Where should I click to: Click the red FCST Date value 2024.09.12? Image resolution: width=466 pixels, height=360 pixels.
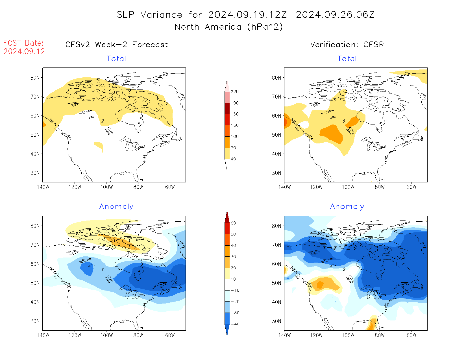pos(24,52)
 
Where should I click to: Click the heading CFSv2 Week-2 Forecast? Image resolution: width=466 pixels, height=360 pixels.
pos(117,45)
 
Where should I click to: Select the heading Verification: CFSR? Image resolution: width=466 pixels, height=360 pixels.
pos(347,45)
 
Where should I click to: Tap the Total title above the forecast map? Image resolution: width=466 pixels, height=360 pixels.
pos(116,59)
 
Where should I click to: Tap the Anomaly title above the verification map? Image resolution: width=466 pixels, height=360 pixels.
pos(347,207)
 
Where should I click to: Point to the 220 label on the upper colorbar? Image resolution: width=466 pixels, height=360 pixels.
pos(234,92)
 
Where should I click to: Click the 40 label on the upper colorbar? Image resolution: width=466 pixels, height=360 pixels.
pos(233,159)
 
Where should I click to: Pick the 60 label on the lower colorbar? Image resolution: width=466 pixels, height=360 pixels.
pos(233,223)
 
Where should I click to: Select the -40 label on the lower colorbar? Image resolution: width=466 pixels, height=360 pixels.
pos(235,324)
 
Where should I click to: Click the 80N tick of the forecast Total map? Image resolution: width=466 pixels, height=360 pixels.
pos(35,78)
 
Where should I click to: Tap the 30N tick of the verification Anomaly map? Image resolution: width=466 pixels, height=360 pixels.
pos(276,321)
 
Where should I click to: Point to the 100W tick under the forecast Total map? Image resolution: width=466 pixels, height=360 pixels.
pos(106,187)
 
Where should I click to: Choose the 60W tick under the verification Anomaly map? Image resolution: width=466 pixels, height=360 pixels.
pos(411,335)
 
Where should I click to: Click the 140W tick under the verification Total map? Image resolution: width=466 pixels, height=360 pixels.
pos(284,187)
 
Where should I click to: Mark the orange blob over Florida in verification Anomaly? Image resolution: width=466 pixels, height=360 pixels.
pos(372,324)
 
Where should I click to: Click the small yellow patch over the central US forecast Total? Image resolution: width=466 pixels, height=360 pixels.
pos(99,146)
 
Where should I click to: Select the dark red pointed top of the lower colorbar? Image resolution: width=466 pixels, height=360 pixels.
pos(227,217)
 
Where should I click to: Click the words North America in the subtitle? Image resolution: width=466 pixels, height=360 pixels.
pos(208,27)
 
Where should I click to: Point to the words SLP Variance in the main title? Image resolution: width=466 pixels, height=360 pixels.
pos(149,15)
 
